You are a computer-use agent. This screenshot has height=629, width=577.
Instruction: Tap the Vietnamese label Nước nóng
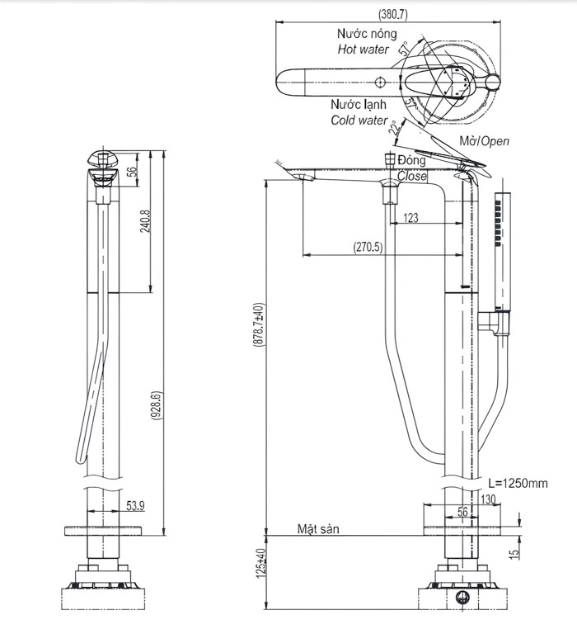click(366, 34)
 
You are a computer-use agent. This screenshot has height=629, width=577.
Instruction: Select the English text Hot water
click(363, 50)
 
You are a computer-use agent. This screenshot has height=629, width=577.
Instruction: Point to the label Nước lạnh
click(359, 105)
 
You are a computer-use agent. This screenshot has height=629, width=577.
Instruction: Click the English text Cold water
click(359, 121)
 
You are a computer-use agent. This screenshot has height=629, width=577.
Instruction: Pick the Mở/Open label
click(484, 141)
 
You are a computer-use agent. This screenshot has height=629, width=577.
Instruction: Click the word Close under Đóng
click(412, 176)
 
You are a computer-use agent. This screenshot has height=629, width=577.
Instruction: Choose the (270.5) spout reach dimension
click(368, 246)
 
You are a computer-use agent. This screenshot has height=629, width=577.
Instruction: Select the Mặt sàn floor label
click(318, 529)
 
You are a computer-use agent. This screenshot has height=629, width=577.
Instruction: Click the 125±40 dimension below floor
click(260, 563)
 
